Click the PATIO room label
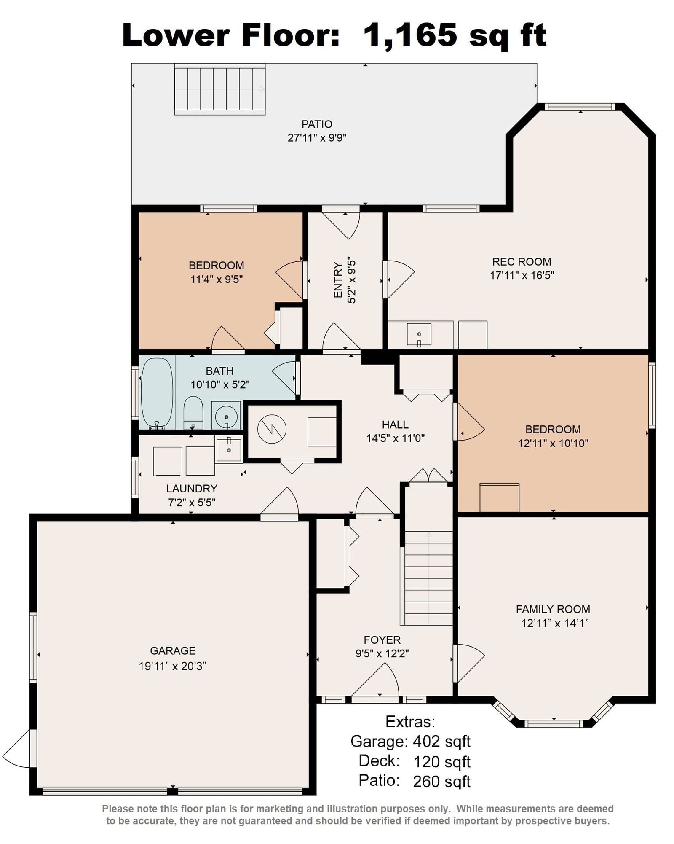pos(317,124)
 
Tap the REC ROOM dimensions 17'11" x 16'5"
pos(522,275)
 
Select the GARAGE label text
pos(173,650)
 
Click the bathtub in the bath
pos(157,393)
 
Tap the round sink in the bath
pos(226,416)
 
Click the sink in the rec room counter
pos(419,334)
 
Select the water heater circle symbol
pos(272,429)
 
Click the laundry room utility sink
pos(229,449)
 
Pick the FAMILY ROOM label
pos(553,609)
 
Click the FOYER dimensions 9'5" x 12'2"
pos(382,653)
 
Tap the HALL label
pos(395,425)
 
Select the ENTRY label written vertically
pos(338,280)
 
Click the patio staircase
pos(220,89)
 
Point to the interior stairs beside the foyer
pos(428,578)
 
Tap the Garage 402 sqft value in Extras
pos(441,742)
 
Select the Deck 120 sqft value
pos(442,762)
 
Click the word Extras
pos(410,722)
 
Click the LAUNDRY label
pos(192,489)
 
